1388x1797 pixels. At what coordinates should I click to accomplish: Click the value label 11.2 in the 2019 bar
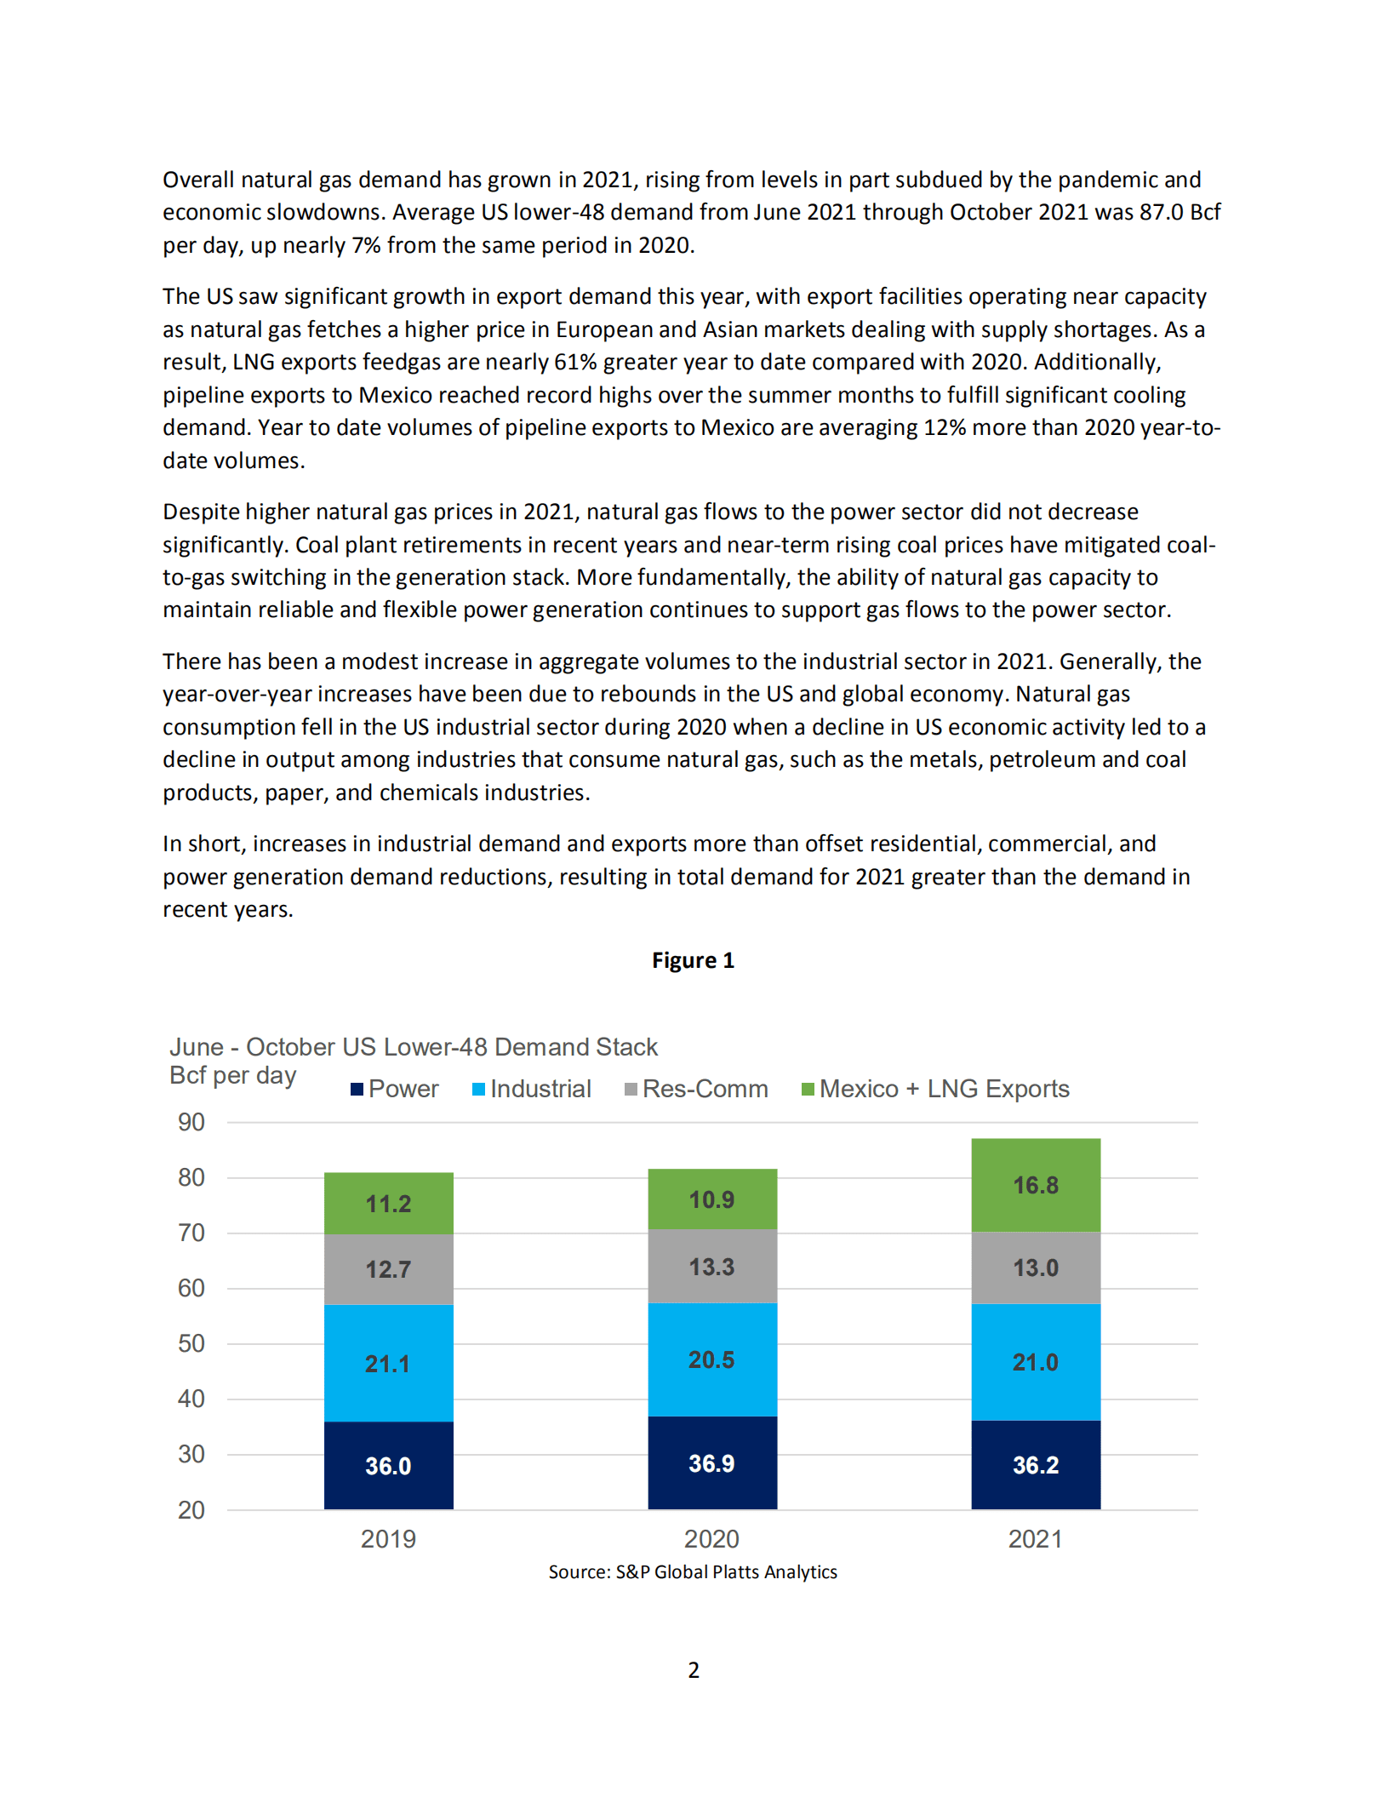pyautogui.click(x=388, y=1204)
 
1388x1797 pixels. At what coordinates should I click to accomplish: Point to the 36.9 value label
pyautogui.click(x=711, y=1463)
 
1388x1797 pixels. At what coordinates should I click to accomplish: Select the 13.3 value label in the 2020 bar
pyautogui.click(x=711, y=1267)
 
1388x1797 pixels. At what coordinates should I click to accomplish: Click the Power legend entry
pyautogui.click(x=395, y=1089)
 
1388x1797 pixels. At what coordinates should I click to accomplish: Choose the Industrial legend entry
pyautogui.click(x=532, y=1089)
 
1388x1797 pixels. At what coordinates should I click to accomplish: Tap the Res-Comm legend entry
pyautogui.click(x=696, y=1089)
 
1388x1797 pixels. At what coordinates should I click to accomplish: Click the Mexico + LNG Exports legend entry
pyautogui.click(x=935, y=1089)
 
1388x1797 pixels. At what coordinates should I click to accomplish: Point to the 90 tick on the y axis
pyautogui.click(x=191, y=1122)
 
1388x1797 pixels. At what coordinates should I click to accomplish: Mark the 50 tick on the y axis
pyautogui.click(x=191, y=1343)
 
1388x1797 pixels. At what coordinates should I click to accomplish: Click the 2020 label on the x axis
pyautogui.click(x=711, y=1539)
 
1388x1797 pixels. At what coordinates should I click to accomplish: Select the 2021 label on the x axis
pyautogui.click(x=1035, y=1539)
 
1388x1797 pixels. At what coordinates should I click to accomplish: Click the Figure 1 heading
pyautogui.click(x=693, y=960)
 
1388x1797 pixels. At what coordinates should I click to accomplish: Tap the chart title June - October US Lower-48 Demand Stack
pyautogui.click(x=414, y=1046)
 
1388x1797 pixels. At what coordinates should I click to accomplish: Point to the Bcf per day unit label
pyautogui.click(x=232, y=1075)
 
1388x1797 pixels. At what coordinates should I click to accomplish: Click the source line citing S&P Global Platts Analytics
pyautogui.click(x=693, y=1571)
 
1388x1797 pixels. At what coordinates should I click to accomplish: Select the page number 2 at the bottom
pyautogui.click(x=694, y=1670)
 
